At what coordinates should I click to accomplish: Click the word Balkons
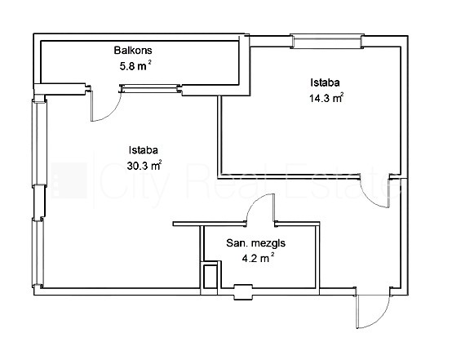[133, 50]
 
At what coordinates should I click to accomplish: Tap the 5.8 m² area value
[135, 66]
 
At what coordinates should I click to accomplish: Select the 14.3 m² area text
[326, 98]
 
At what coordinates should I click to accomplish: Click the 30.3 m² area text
[144, 166]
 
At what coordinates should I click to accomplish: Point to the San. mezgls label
[255, 243]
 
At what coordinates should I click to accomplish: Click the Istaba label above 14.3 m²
[325, 82]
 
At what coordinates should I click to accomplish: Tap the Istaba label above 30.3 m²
[144, 150]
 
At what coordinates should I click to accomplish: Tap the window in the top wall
[327, 41]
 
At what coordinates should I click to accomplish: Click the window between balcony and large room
[151, 88]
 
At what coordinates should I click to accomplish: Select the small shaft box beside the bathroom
[210, 276]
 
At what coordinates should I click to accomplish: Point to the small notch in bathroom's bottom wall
[243, 292]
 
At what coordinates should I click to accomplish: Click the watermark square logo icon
[69, 180]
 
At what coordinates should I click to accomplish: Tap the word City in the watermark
[134, 181]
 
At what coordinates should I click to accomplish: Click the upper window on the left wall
[40, 143]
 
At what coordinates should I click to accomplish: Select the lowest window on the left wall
[38, 252]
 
